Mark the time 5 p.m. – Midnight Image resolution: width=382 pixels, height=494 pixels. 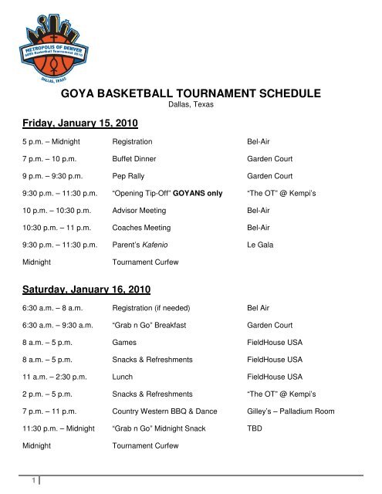[49, 143]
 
